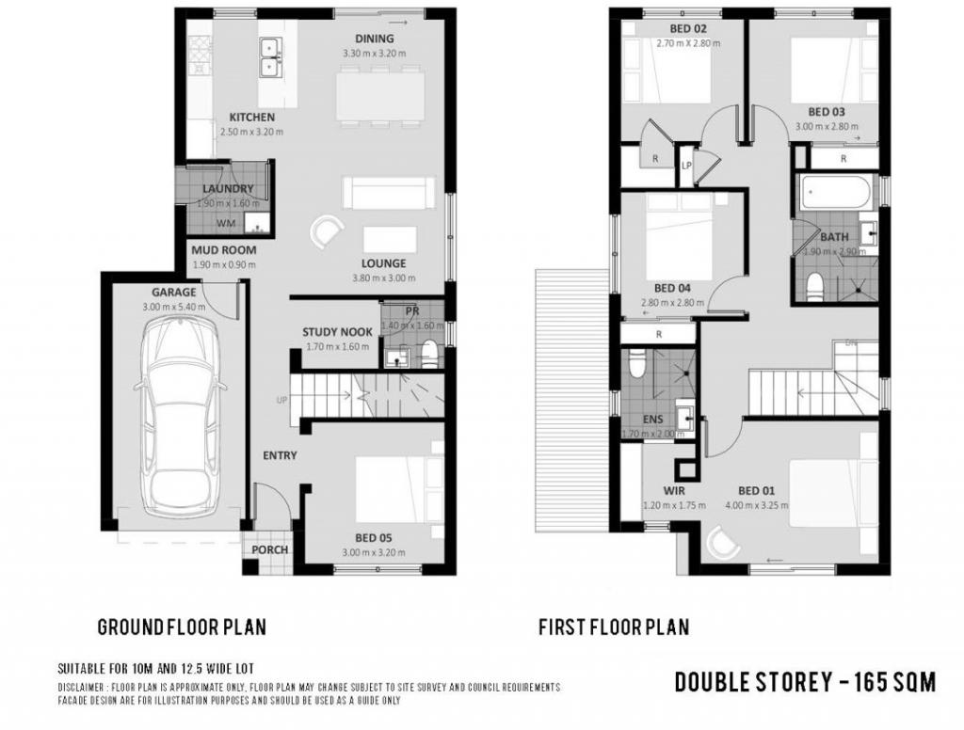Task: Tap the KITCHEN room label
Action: click(x=252, y=118)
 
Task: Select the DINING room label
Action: click(x=375, y=39)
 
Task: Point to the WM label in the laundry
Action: click(x=226, y=224)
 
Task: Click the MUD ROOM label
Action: click(x=223, y=251)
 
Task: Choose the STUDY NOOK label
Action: click(x=337, y=332)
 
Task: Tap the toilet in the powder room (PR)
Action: click(x=429, y=355)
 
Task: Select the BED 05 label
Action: click(x=373, y=538)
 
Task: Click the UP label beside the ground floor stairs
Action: click(x=281, y=401)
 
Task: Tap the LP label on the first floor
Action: click(x=687, y=165)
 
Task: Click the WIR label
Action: click(x=673, y=491)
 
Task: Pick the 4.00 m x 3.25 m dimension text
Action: click(x=756, y=505)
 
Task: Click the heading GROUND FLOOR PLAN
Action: click(x=182, y=627)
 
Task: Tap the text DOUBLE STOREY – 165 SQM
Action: click(x=805, y=682)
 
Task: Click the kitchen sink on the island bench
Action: click(x=271, y=56)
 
